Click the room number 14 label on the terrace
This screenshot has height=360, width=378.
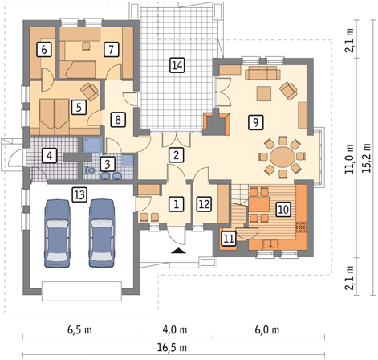click(177, 65)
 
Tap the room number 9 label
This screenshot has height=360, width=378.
click(256, 122)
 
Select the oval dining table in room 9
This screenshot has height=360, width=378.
click(282, 157)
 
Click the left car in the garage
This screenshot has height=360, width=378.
click(58, 233)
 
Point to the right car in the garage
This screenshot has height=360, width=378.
click(102, 233)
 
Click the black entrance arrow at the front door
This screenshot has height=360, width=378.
click(178, 251)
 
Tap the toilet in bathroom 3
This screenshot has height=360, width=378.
click(89, 170)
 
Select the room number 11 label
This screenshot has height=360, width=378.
click(228, 239)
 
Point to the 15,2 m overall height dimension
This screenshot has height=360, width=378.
click(367, 158)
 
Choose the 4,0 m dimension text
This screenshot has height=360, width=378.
click(175, 329)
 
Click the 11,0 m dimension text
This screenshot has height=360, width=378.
click(350, 159)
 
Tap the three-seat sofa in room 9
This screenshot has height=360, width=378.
click(262, 73)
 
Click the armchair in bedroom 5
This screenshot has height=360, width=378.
click(89, 92)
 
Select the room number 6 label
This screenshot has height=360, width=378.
click(44, 49)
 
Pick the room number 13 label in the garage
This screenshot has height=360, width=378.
click(79, 194)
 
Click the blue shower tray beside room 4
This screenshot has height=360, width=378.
click(92, 145)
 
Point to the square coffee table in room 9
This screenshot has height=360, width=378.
click(264, 93)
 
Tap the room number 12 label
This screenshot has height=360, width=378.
click(204, 204)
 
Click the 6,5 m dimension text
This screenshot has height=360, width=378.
click(79, 329)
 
